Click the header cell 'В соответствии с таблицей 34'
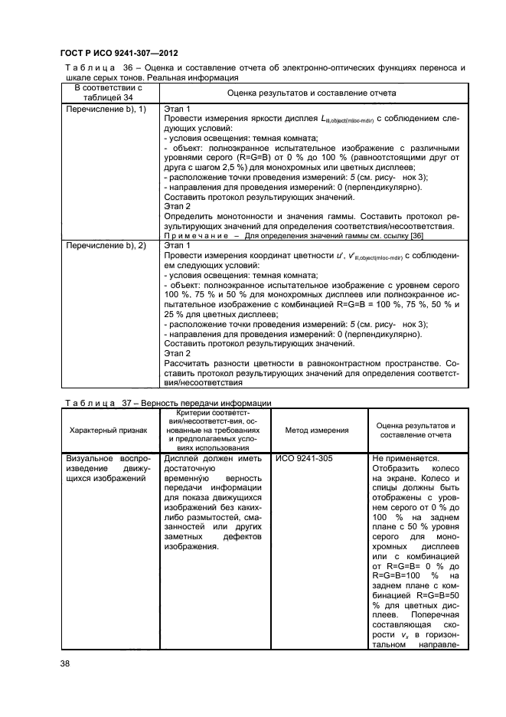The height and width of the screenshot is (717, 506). pyautogui.click(x=107, y=92)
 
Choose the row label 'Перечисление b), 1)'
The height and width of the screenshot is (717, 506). pyautogui.click(x=103, y=110)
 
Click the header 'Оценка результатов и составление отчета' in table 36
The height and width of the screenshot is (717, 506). pyautogui.click(x=312, y=92)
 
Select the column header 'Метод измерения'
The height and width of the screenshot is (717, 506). pyautogui.click(x=317, y=431)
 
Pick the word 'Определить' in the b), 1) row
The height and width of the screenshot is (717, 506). pyautogui.click(x=190, y=216)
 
